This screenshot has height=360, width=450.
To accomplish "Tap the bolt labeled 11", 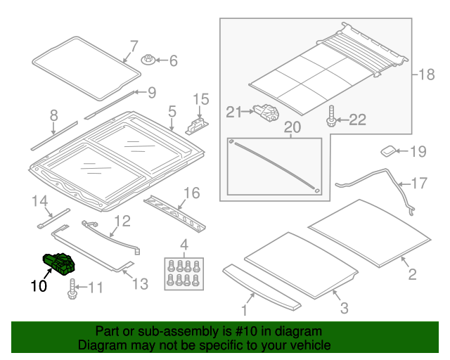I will [72, 288].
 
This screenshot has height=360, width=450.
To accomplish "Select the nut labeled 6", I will [148, 60].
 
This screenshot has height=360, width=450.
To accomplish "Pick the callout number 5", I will [172, 111].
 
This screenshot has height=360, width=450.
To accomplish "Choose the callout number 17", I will [418, 184].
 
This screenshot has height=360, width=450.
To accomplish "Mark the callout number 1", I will [244, 310].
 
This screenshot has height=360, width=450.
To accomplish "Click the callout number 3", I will [344, 308].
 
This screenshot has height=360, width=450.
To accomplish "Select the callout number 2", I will [412, 274].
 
